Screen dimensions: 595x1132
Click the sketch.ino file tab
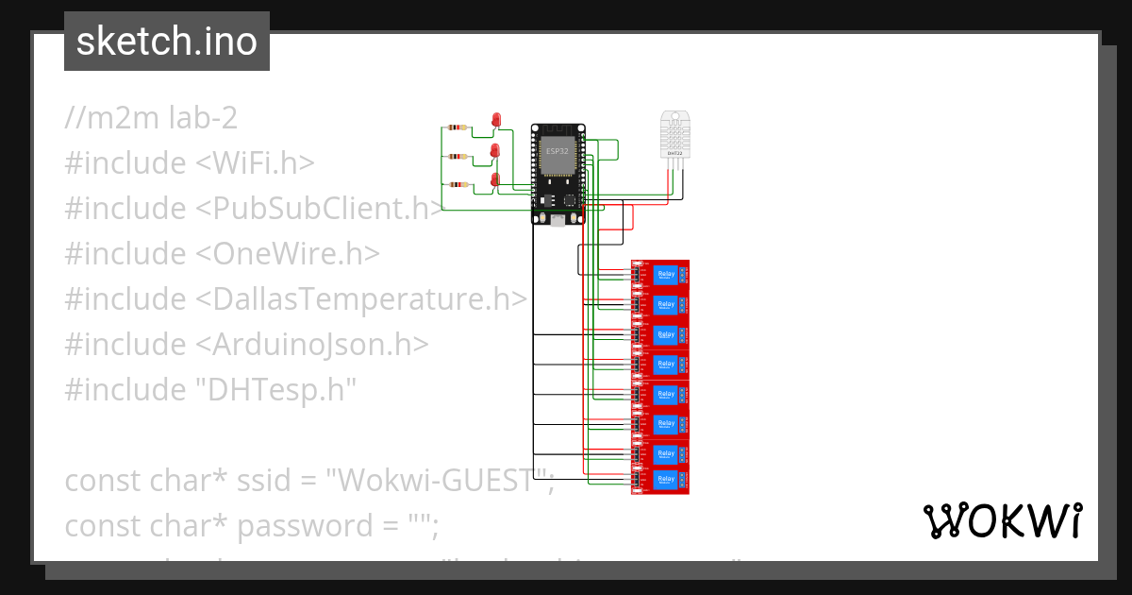(166, 42)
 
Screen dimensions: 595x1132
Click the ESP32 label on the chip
(556, 151)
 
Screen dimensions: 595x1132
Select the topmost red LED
(497, 119)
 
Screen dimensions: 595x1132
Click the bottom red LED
(495, 178)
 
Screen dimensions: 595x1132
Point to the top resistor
(458, 127)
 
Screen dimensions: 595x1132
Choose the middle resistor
(458, 157)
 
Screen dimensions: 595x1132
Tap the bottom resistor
(458, 185)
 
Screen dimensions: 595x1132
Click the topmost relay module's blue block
(665, 275)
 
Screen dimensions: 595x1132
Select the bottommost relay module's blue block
(665, 480)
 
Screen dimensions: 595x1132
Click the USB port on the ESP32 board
(558, 219)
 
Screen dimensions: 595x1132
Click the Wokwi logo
(1001, 521)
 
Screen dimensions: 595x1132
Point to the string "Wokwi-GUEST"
(439, 481)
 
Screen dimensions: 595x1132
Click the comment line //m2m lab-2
(151, 118)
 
